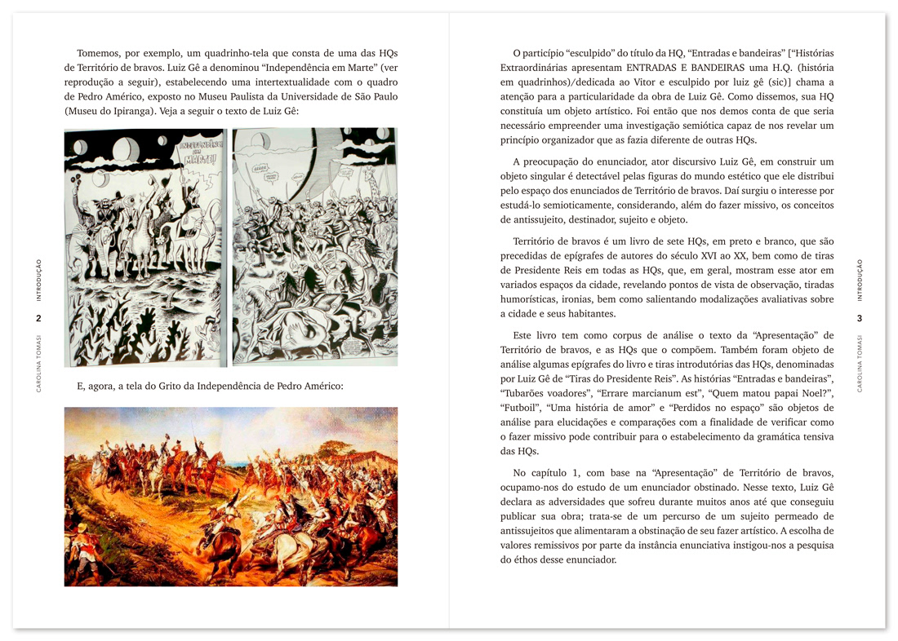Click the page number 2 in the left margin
(x=38, y=318)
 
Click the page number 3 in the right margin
(x=859, y=318)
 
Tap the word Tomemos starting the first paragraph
(x=100, y=53)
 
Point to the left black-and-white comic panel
(x=145, y=246)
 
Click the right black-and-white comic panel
(x=314, y=246)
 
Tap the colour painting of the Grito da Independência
(x=231, y=496)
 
